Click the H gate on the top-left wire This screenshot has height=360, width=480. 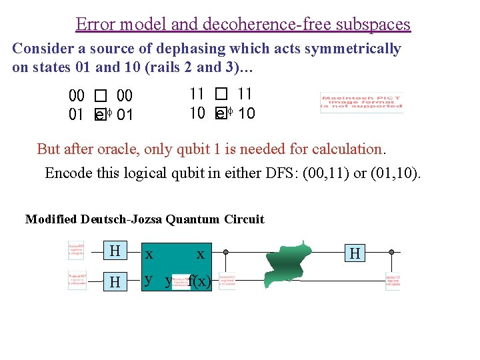pyautogui.click(x=115, y=251)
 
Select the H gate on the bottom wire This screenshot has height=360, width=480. pyautogui.click(x=115, y=283)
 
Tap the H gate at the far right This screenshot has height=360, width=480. pyautogui.click(x=355, y=253)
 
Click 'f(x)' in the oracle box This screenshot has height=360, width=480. pyautogui.click(x=200, y=281)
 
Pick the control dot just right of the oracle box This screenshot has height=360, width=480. pyautogui.click(x=226, y=253)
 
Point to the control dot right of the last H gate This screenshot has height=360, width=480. pyautogui.click(x=391, y=253)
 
